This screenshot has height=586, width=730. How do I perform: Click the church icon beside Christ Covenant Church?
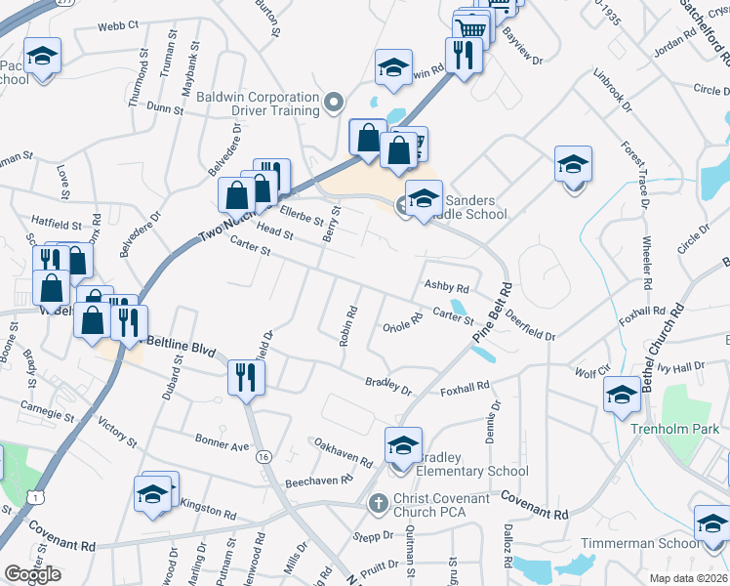coord(378,503)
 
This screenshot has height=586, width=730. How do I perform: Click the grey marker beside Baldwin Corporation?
coord(334,101)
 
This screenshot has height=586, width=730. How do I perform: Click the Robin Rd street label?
coord(347,327)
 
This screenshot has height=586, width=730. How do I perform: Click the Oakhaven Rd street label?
coord(344,452)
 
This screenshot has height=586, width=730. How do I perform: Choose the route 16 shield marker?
coord(264,457)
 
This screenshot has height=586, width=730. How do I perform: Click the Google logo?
coord(32,574)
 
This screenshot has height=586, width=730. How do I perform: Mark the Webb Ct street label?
coord(118,23)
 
